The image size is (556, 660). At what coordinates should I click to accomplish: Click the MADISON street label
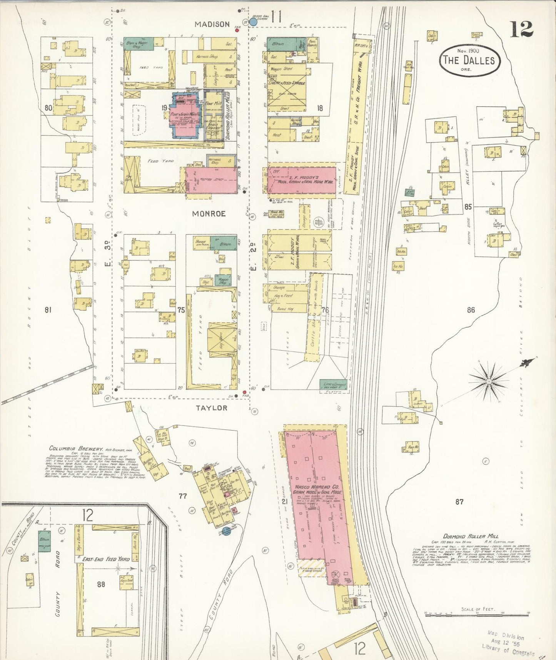(x=212, y=24)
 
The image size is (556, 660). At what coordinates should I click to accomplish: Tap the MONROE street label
(x=209, y=214)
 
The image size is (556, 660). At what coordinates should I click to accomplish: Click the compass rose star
(x=489, y=381)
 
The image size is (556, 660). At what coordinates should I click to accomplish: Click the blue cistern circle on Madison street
(x=253, y=22)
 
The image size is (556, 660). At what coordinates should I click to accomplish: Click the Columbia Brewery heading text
(x=75, y=449)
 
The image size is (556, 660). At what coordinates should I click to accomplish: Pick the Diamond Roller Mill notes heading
(x=471, y=536)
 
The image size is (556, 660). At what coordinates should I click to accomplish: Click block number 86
(x=471, y=310)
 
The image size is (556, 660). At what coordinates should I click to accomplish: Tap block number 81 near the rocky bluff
(x=48, y=310)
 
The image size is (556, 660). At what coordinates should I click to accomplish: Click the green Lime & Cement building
(x=333, y=384)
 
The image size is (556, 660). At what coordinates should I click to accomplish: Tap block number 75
(x=181, y=310)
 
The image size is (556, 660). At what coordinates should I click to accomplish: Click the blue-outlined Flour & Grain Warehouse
(x=185, y=115)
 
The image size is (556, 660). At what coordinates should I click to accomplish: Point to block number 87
(x=459, y=502)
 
